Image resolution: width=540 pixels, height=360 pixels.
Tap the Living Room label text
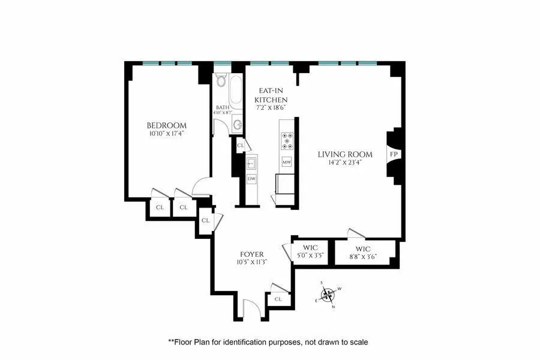pyautogui.click(x=345, y=154)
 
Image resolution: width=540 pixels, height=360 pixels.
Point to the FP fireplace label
pyautogui.click(x=394, y=155)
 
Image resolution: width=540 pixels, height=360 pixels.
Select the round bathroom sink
pyautogui.click(x=238, y=125)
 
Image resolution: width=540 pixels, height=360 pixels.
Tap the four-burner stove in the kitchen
pyautogui.click(x=287, y=140)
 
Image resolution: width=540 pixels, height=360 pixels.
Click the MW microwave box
pyautogui.click(x=287, y=162)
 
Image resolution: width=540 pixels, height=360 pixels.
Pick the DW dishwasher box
pyautogui.click(x=251, y=179)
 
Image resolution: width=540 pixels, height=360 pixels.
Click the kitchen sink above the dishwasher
pyautogui.click(x=251, y=162)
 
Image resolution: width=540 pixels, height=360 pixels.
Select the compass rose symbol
pyautogui.click(x=327, y=295)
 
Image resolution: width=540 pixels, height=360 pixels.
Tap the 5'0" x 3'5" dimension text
pyautogui.click(x=310, y=256)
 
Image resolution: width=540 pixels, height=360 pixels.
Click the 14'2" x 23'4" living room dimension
pyautogui.click(x=345, y=163)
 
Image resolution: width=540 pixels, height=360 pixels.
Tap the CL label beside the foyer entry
pyautogui.click(x=278, y=299)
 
